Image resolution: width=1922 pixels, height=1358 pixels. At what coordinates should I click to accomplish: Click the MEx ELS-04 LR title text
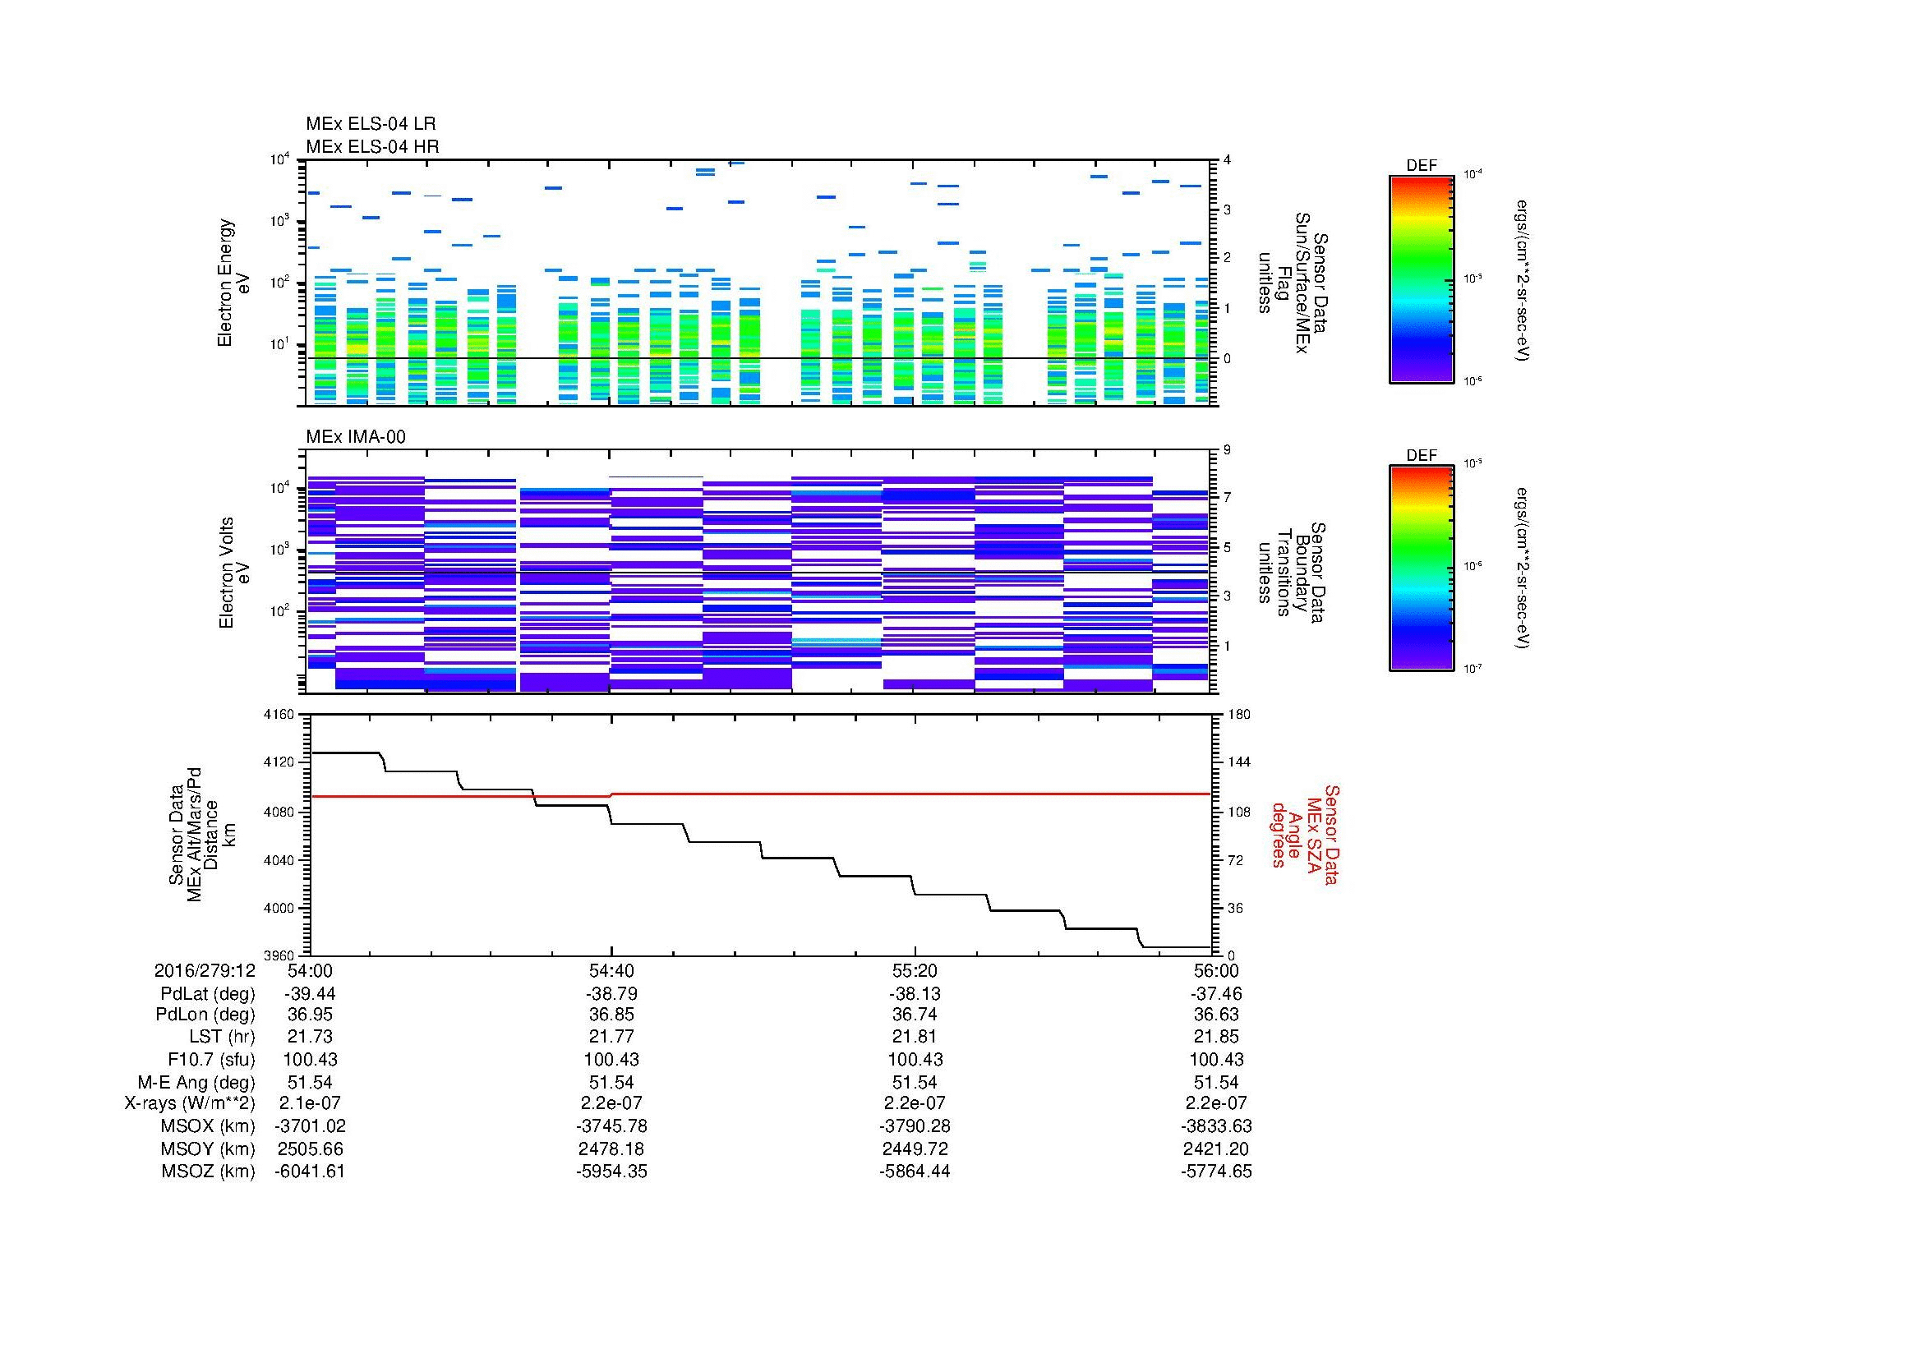(370, 124)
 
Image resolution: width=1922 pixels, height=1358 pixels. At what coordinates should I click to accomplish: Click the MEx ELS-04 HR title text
(371, 146)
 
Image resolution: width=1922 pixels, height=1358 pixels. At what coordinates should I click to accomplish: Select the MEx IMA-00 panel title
(355, 437)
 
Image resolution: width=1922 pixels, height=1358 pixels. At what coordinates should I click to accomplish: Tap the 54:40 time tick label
(611, 970)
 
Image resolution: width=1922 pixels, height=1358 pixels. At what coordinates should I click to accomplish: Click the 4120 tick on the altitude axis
(279, 762)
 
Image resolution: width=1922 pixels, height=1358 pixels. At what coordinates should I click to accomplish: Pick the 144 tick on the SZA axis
(1238, 762)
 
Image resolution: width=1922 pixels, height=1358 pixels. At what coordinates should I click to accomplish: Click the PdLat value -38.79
(611, 994)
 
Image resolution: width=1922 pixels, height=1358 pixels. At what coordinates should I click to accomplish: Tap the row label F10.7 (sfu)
(210, 1059)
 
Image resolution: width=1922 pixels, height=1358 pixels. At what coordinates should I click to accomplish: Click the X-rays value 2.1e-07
(310, 1103)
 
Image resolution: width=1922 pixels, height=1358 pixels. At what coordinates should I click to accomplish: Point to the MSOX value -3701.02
(310, 1126)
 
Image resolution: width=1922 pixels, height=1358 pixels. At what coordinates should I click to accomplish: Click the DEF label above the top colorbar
(1421, 166)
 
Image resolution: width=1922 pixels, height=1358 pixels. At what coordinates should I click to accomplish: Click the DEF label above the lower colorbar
(1421, 456)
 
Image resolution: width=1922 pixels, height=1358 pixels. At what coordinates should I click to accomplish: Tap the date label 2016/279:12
(205, 970)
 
